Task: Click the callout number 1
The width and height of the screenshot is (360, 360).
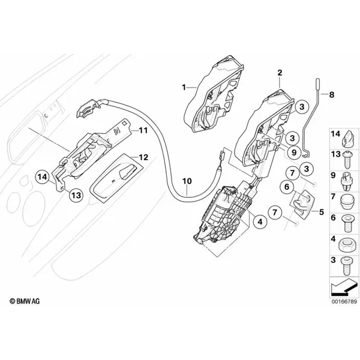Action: (x=184, y=88)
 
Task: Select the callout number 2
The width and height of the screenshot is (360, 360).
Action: (x=280, y=73)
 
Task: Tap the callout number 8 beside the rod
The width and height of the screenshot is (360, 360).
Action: (x=332, y=95)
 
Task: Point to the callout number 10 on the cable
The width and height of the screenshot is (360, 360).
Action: (x=187, y=181)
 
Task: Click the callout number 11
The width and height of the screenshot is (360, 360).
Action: (x=143, y=130)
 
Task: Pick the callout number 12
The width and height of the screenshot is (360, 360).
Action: (x=144, y=157)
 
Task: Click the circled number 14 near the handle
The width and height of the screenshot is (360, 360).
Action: (x=42, y=177)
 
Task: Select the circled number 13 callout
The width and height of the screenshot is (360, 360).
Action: (x=76, y=195)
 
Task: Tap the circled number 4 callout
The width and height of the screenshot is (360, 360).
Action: (x=260, y=221)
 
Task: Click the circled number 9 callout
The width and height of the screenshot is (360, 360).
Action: (x=294, y=152)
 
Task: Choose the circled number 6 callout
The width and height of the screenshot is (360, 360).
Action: (x=287, y=187)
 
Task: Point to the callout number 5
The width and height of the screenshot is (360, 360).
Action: (x=322, y=212)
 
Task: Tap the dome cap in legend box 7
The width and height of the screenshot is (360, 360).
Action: (x=347, y=202)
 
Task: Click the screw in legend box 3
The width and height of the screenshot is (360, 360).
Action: (x=346, y=266)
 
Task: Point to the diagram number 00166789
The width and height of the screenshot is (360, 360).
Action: (x=344, y=301)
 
